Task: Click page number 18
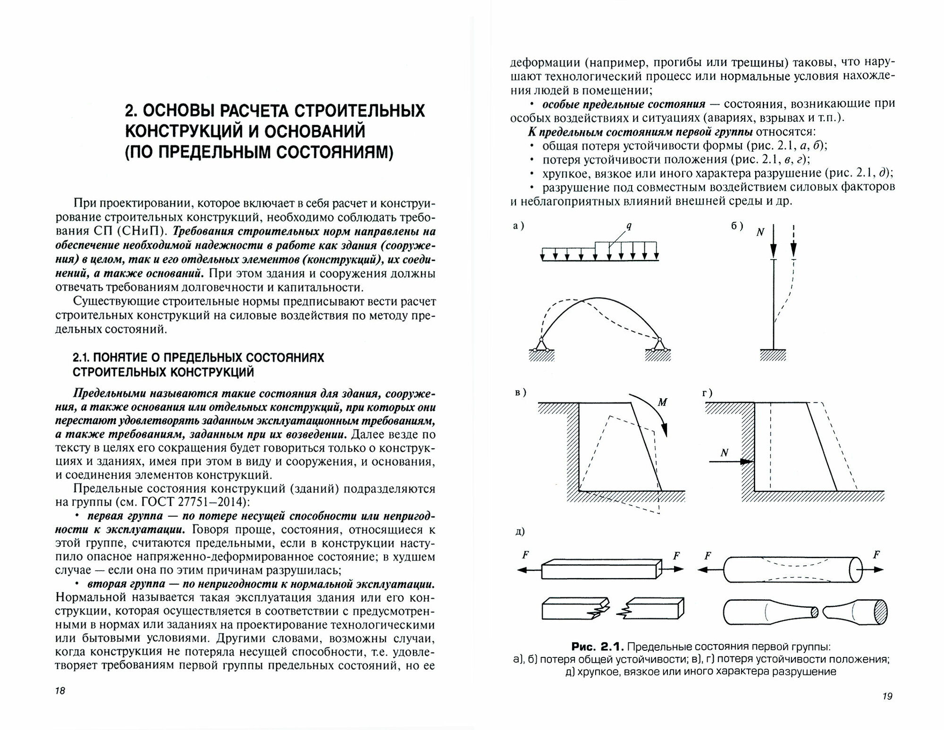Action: [x=60, y=691]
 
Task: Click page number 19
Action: [x=887, y=696]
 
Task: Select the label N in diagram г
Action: [x=725, y=453]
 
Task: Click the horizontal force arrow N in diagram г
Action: [x=730, y=462]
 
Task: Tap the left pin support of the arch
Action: [x=541, y=345]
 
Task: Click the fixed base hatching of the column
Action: [x=773, y=355]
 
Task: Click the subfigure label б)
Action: [x=737, y=226]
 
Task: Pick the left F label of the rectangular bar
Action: [x=525, y=555]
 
